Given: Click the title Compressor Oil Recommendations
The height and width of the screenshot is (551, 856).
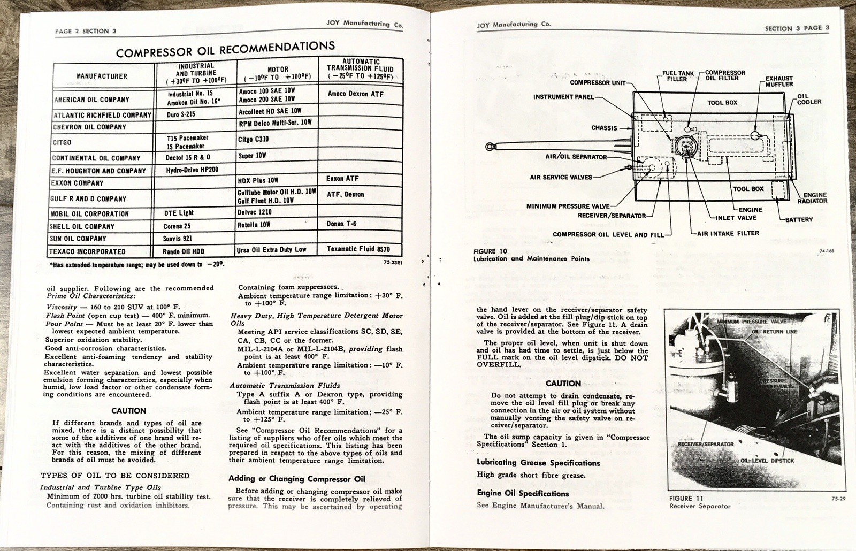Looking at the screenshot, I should (225, 50).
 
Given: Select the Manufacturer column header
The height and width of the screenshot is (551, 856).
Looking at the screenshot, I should (102, 76).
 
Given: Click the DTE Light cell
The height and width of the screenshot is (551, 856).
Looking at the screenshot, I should (179, 213).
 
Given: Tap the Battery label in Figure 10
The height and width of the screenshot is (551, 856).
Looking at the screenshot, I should (799, 219).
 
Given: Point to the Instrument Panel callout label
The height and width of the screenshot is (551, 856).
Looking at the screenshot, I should (563, 97).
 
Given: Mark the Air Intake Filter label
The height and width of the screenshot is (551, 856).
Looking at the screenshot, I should (728, 233).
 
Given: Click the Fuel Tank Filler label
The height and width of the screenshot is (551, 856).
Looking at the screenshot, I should (677, 76).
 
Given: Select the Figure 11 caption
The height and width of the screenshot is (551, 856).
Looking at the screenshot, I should (699, 502).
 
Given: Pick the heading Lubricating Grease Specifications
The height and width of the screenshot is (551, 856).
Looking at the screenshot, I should (538, 463).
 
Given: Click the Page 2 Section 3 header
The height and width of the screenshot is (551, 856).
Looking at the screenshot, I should (86, 31).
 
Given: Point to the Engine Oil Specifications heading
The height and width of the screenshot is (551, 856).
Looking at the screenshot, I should (523, 493).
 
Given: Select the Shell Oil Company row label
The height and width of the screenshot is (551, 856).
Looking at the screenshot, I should (83, 226).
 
